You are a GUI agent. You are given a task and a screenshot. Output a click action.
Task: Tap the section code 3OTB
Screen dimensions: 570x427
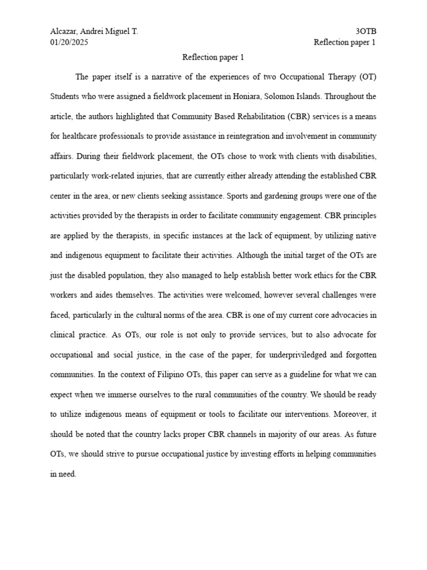pyautogui.click(x=365, y=32)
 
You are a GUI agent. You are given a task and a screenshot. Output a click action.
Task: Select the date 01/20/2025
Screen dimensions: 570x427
pyautogui.click(x=69, y=42)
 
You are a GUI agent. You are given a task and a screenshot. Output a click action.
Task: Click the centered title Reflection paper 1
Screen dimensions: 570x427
pyautogui.click(x=213, y=57)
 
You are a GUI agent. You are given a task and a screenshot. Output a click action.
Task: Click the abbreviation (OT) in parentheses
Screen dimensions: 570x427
pyautogui.click(x=367, y=77)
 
